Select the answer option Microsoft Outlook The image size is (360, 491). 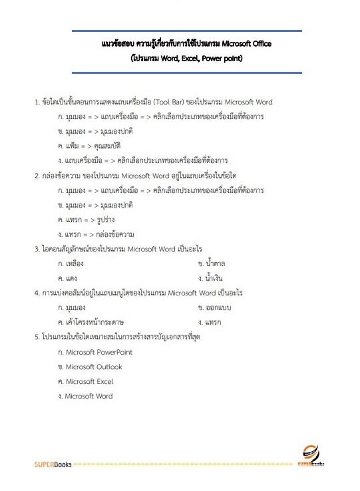tap(92, 367)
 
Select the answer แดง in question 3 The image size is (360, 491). tap(71, 278)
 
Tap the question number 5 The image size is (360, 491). tap(37, 337)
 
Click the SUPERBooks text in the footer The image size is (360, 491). tap(54, 464)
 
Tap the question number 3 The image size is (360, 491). tap(37, 249)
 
